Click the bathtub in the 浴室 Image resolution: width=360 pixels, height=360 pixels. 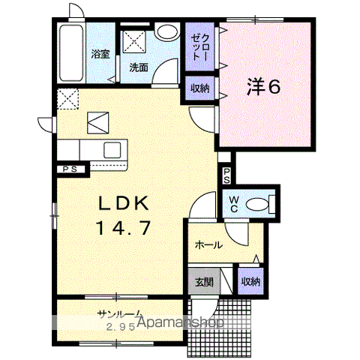tap(71, 52)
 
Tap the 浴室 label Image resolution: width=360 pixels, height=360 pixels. tap(100, 54)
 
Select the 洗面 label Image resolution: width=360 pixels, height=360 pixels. tap(139, 67)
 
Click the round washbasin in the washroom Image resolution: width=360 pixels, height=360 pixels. tap(166, 31)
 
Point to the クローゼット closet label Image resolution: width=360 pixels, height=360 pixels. tap(199, 47)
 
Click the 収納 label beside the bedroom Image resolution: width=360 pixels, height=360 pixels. tap(200, 88)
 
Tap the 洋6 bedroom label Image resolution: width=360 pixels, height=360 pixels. tap(264, 86)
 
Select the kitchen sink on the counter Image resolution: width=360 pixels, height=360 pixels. tap(112, 150)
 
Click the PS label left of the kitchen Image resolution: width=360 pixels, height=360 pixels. tap(70, 169)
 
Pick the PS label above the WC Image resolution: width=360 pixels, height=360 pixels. tap(226, 175)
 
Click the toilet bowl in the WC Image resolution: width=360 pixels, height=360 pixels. tap(257, 205)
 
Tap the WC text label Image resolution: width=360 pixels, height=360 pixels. tap(234, 204)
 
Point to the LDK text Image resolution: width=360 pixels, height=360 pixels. tap(123, 203)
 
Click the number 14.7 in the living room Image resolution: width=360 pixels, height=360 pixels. tap(124, 228)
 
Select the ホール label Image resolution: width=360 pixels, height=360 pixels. tap(208, 245)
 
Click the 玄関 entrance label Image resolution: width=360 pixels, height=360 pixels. tap(204, 282)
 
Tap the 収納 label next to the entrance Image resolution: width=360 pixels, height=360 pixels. tap(250, 281)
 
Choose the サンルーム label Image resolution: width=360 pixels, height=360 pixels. tap(120, 313)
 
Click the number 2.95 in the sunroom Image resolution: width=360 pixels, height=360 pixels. tap(121, 327)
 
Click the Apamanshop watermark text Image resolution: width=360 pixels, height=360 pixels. tap(181, 322)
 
